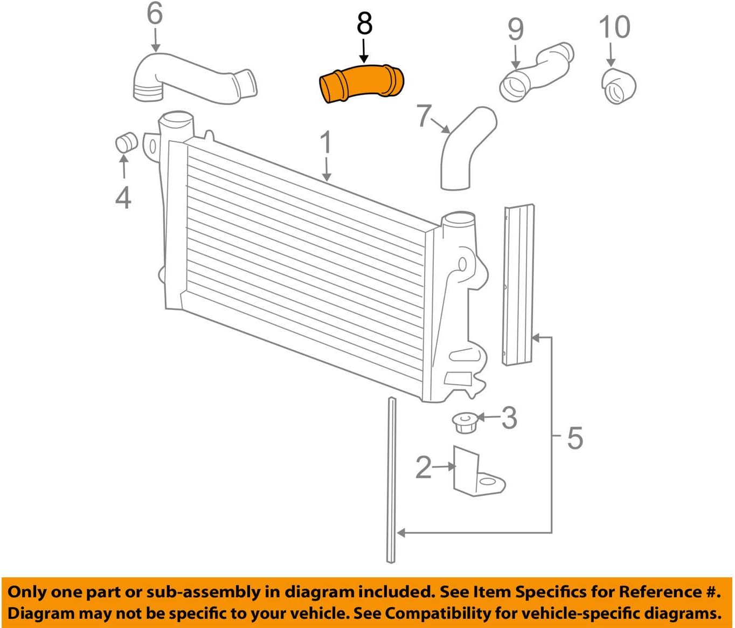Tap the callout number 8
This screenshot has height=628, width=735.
point(364,24)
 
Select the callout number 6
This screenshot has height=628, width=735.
point(155,13)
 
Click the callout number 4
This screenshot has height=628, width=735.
point(123,197)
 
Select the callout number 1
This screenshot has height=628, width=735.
point(325,144)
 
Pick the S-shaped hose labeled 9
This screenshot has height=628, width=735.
point(536,73)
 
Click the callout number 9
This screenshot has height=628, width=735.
point(515,30)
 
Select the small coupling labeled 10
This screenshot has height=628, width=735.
point(618,86)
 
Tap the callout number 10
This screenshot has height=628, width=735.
point(614,27)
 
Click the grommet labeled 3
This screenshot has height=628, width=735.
point(463,422)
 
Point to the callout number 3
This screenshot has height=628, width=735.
point(509,418)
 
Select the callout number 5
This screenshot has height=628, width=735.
point(575,438)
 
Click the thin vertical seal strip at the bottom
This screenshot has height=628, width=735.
point(391,480)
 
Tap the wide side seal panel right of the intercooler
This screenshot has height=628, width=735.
point(519,286)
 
